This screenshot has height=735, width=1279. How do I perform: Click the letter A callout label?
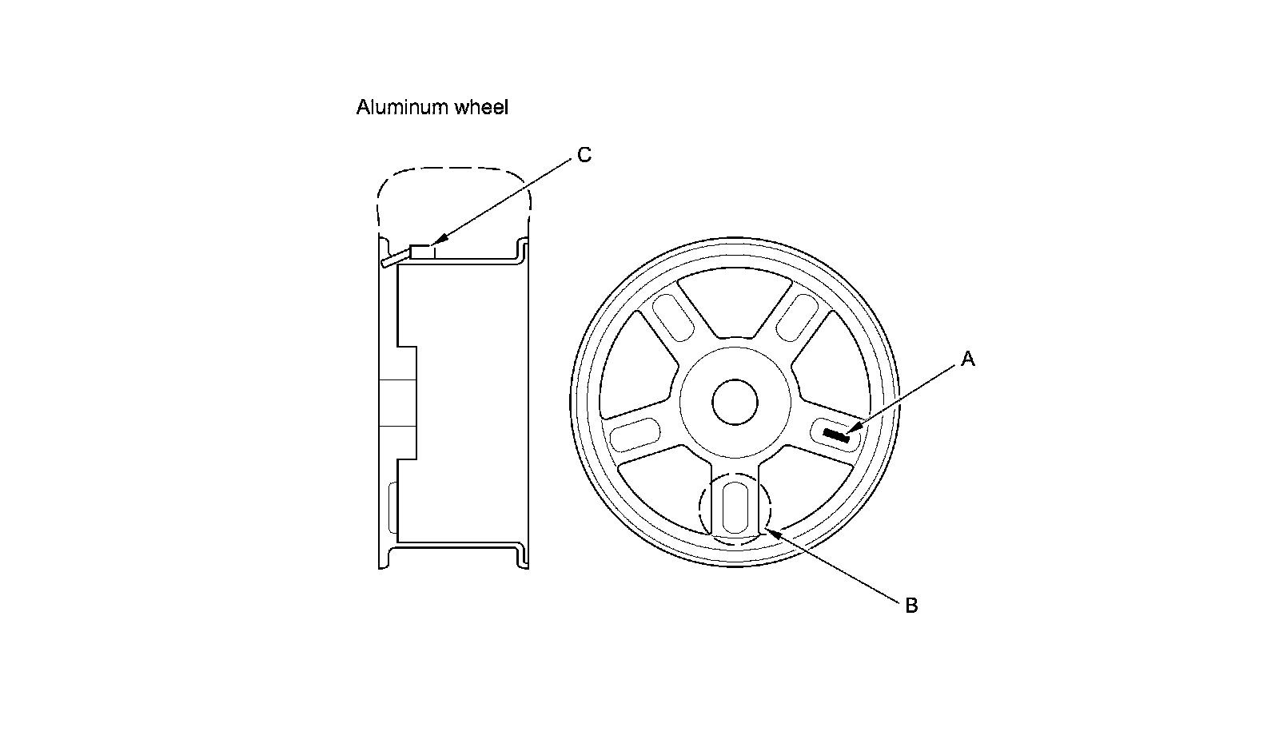[967, 360]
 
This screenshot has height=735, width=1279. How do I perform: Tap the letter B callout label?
[911, 606]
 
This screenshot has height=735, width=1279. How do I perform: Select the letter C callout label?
[584, 155]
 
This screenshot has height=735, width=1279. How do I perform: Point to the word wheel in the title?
[481, 107]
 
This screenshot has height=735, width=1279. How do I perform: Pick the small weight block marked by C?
[421, 251]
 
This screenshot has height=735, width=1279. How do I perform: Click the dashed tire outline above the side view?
[452, 169]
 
